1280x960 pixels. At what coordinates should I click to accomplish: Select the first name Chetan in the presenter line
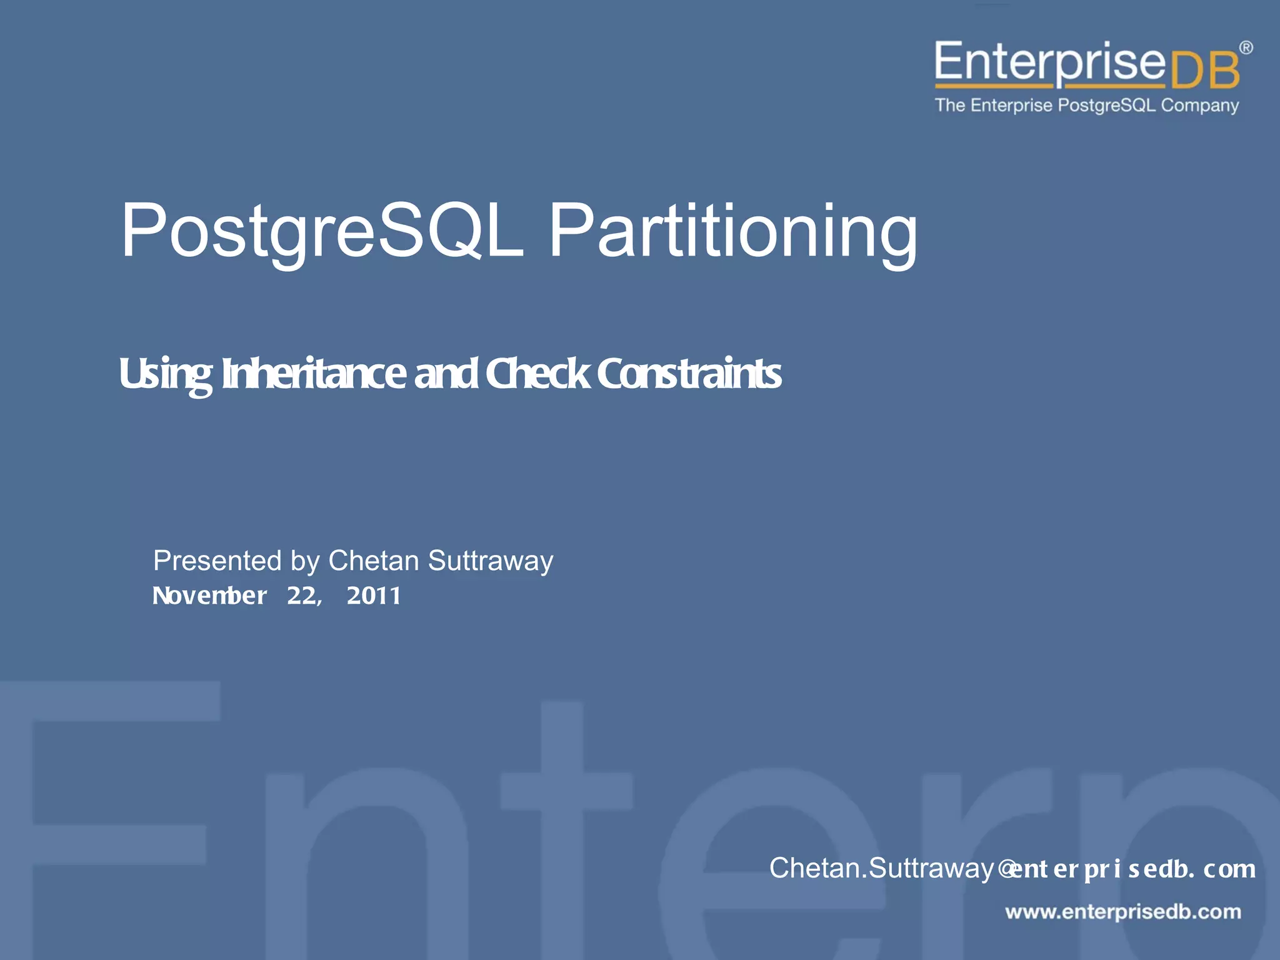tap(374, 561)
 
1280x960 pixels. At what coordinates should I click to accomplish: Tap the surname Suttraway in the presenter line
tap(491, 561)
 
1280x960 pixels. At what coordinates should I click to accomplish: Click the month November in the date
tap(210, 596)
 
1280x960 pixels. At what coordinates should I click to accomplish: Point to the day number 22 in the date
tap(302, 596)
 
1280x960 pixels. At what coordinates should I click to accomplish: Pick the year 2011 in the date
tap(374, 596)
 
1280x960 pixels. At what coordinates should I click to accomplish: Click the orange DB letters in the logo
tap(1204, 71)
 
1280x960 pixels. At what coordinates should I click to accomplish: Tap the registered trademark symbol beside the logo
tap(1246, 47)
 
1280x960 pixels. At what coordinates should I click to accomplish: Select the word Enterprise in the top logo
tap(1050, 62)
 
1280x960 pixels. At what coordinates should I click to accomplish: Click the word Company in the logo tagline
tap(1199, 106)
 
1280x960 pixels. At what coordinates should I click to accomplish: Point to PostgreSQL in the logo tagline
tap(1106, 106)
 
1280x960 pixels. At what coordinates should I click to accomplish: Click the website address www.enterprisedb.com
tap(1123, 912)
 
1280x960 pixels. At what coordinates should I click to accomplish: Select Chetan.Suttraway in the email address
tap(881, 868)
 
